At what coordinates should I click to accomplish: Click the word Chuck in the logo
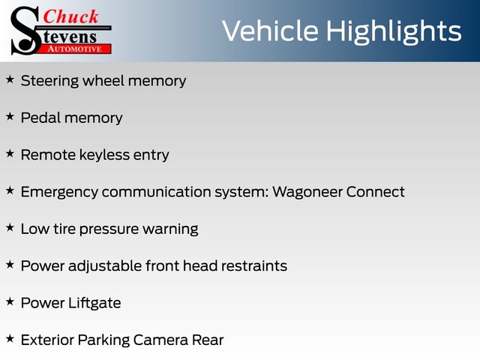70,16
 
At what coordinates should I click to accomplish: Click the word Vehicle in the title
270,31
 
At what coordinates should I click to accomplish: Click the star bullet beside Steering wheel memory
10,79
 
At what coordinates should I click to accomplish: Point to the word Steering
49,82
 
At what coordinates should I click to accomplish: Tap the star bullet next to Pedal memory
10,117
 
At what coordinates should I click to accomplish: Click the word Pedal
40,118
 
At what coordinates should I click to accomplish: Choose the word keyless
104,155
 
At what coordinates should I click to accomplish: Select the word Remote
48,154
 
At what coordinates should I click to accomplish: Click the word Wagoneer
307,193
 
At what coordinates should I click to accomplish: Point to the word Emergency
59,193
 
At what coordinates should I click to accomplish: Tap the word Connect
376,192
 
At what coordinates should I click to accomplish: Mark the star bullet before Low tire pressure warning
10,228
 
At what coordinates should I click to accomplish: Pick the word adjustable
105,266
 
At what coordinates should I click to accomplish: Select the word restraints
254,266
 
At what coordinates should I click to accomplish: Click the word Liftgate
94,303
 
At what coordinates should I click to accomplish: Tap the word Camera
160,340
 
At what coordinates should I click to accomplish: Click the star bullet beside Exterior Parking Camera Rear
10,339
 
